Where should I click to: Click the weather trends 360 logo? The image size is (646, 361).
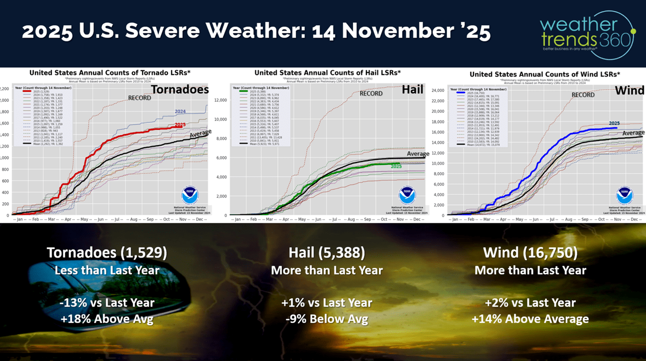[x=585, y=33]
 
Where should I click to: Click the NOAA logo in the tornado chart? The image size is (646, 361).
[x=189, y=195]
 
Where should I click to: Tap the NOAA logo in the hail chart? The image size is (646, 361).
[x=407, y=195]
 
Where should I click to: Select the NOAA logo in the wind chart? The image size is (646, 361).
[x=625, y=195]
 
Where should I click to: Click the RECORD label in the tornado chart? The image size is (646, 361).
[x=140, y=98]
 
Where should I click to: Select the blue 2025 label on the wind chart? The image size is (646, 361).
[x=614, y=123]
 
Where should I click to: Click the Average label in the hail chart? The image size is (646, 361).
[x=418, y=154]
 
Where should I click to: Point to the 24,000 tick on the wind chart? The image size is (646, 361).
[x=438, y=90]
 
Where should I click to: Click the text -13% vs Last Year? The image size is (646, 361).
[x=107, y=303]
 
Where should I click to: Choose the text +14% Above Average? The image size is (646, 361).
[x=530, y=319]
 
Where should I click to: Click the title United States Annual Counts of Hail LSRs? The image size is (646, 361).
[x=327, y=72]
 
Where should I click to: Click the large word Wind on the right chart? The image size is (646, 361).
[x=629, y=91]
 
